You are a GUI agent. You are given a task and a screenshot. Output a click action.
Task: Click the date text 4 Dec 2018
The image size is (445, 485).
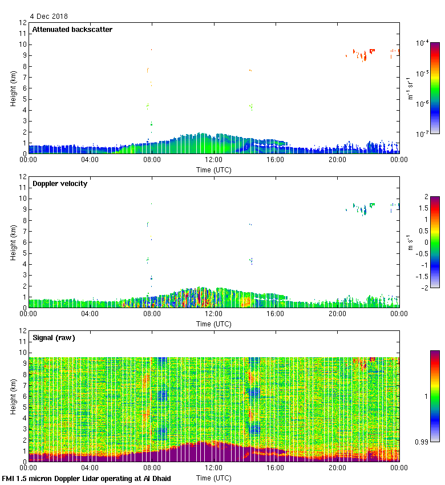48,17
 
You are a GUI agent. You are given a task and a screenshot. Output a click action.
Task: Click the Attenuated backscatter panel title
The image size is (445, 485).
72,30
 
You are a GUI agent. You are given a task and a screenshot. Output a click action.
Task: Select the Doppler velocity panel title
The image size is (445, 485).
60,184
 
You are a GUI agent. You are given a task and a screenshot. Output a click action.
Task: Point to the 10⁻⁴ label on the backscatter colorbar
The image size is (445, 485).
423,43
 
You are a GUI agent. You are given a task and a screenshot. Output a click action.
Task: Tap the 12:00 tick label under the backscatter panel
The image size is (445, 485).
214,160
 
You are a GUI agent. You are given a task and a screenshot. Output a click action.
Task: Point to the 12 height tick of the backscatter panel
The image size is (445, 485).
23,23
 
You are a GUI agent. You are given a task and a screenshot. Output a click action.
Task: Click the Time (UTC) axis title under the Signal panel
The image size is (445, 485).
214,478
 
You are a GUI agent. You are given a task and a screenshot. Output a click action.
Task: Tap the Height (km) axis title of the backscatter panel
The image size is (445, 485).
13,88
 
